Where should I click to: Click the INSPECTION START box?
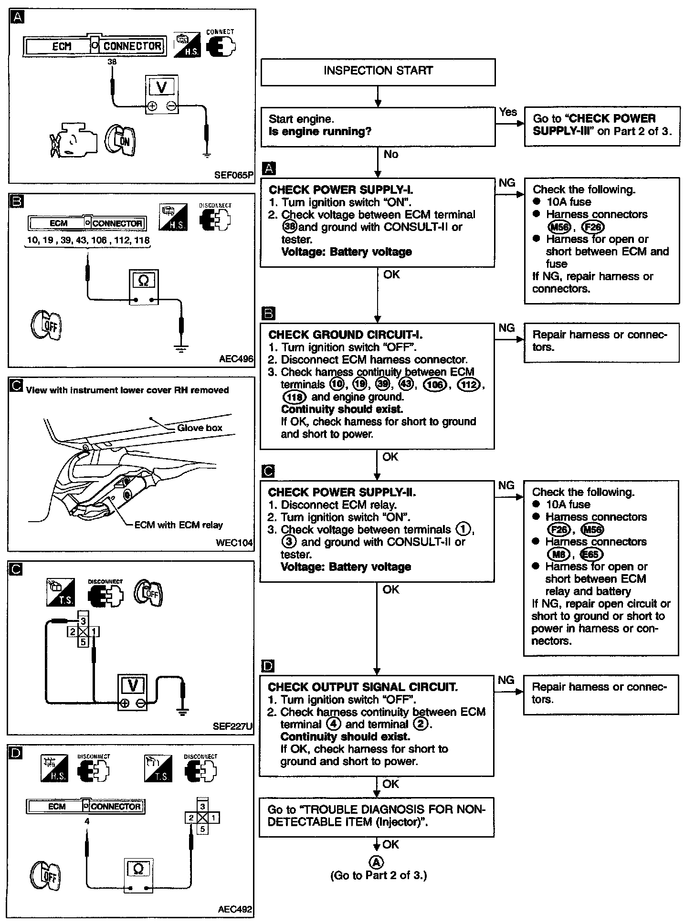tap(378, 71)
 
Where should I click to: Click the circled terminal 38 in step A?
tap(289, 227)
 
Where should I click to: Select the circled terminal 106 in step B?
tap(434, 385)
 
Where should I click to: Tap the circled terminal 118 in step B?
tap(294, 397)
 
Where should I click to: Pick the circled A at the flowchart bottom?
tap(377, 862)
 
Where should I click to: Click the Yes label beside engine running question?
tap(508, 112)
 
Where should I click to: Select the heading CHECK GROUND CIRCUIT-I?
tap(346, 335)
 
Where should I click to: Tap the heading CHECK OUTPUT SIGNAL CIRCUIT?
tap(363, 687)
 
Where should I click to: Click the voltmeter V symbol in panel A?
tap(163, 87)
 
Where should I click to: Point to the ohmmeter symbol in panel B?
tap(143, 281)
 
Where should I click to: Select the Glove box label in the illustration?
tap(200, 428)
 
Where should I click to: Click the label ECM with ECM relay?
tap(179, 525)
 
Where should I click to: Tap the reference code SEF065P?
tap(233, 175)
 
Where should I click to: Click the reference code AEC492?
tap(235, 909)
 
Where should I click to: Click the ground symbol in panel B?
tap(180, 349)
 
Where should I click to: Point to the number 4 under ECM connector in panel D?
tap(87, 821)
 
